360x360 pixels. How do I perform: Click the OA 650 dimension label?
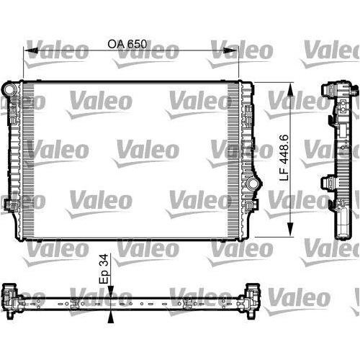(x=127, y=43)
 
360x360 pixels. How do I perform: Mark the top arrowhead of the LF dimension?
(x=291, y=86)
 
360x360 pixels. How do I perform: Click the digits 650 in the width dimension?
(x=137, y=43)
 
